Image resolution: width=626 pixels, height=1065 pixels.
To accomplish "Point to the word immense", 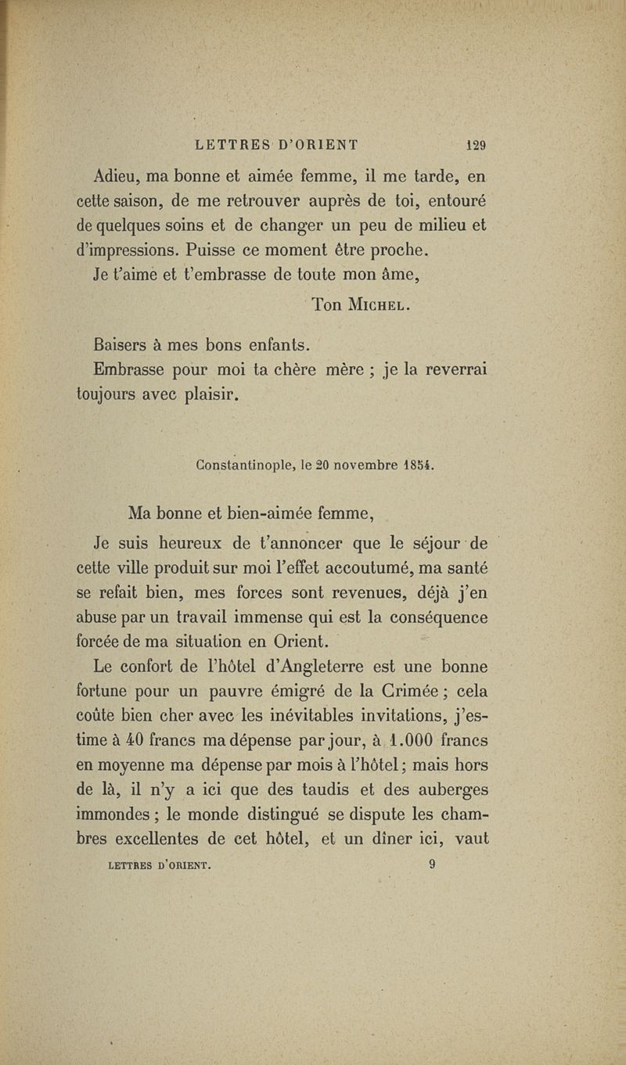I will (291, 618).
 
